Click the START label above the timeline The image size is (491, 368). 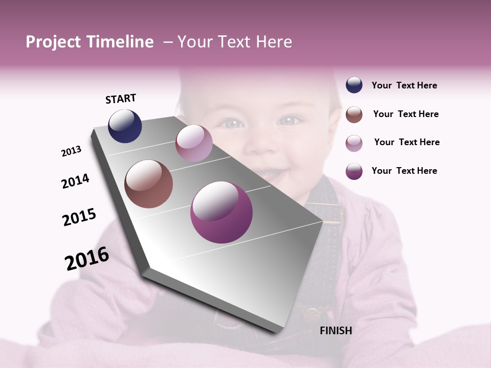point(121,99)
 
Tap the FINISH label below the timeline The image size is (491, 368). point(336,331)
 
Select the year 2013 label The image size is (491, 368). point(72,151)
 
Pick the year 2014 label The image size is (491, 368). point(75,181)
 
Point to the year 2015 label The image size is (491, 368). point(79,217)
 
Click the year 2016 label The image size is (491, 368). point(87,259)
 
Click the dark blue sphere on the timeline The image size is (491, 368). point(125,126)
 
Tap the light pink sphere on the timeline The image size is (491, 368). point(194,143)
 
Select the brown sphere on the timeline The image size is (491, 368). point(149,184)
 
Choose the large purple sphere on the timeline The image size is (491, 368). point(221,212)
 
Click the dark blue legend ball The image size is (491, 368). point(354,85)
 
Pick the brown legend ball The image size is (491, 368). point(354,114)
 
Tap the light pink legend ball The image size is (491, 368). point(354,143)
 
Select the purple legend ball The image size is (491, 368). point(354,171)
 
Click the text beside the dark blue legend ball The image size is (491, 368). point(404,85)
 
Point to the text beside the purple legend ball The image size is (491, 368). point(404,171)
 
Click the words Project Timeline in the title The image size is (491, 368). point(90,42)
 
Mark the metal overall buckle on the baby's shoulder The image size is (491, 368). point(331,213)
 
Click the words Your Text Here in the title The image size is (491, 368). point(234,42)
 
